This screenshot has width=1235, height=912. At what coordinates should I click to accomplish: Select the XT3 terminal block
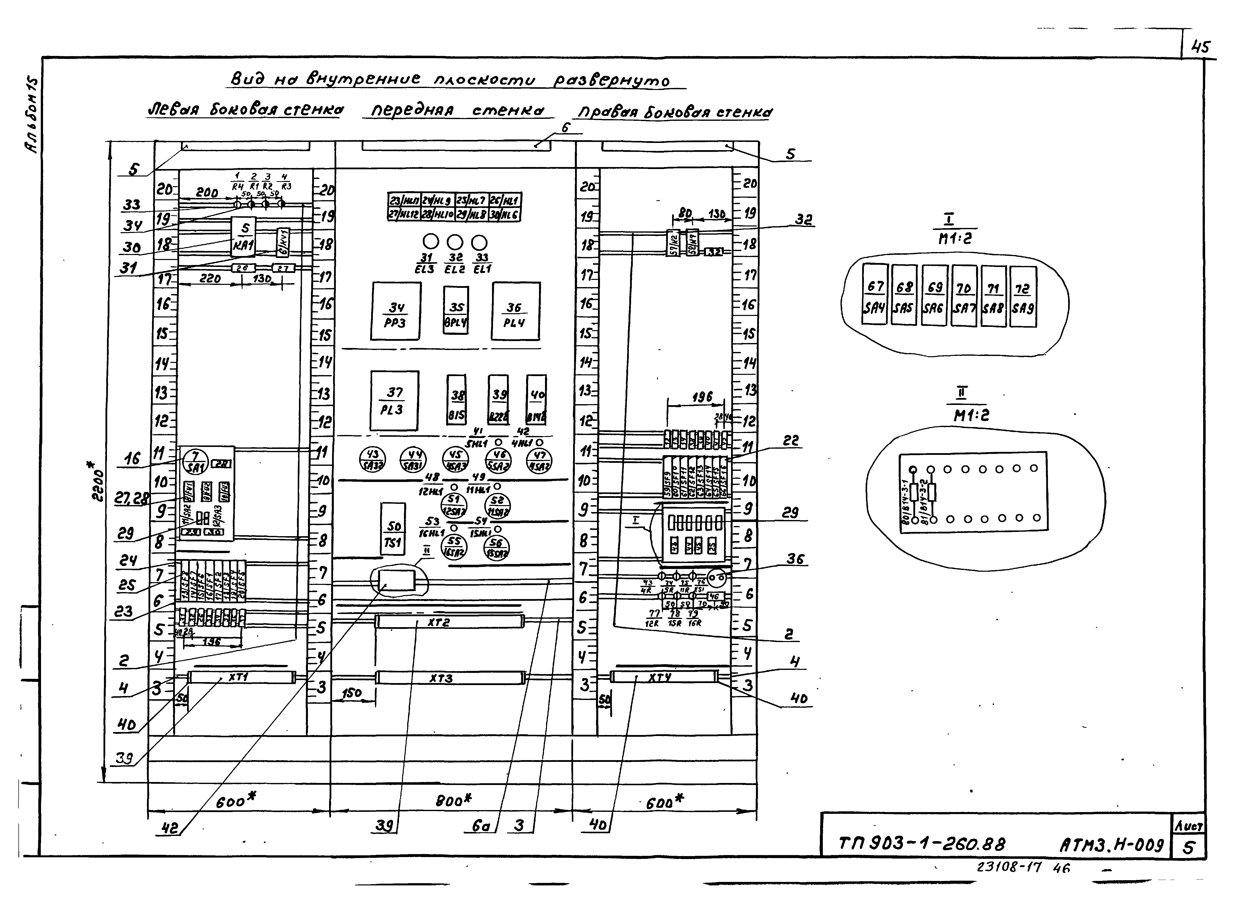tap(450, 678)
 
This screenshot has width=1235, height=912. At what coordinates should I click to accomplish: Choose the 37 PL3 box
tap(394, 401)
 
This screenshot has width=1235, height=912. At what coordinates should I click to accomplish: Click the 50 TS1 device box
tap(393, 529)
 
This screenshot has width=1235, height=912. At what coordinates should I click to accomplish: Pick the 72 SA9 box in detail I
tap(1022, 297)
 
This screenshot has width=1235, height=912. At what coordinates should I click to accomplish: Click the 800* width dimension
tap(453, 800)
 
